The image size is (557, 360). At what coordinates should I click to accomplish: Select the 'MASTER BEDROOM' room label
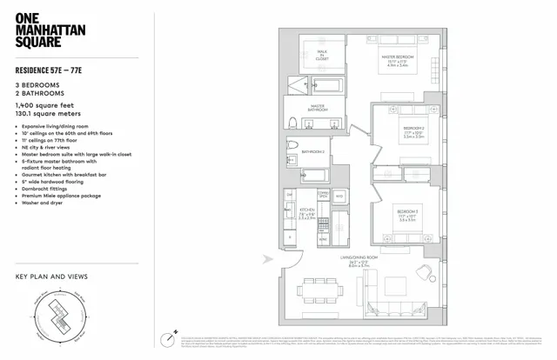(397, 57)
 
